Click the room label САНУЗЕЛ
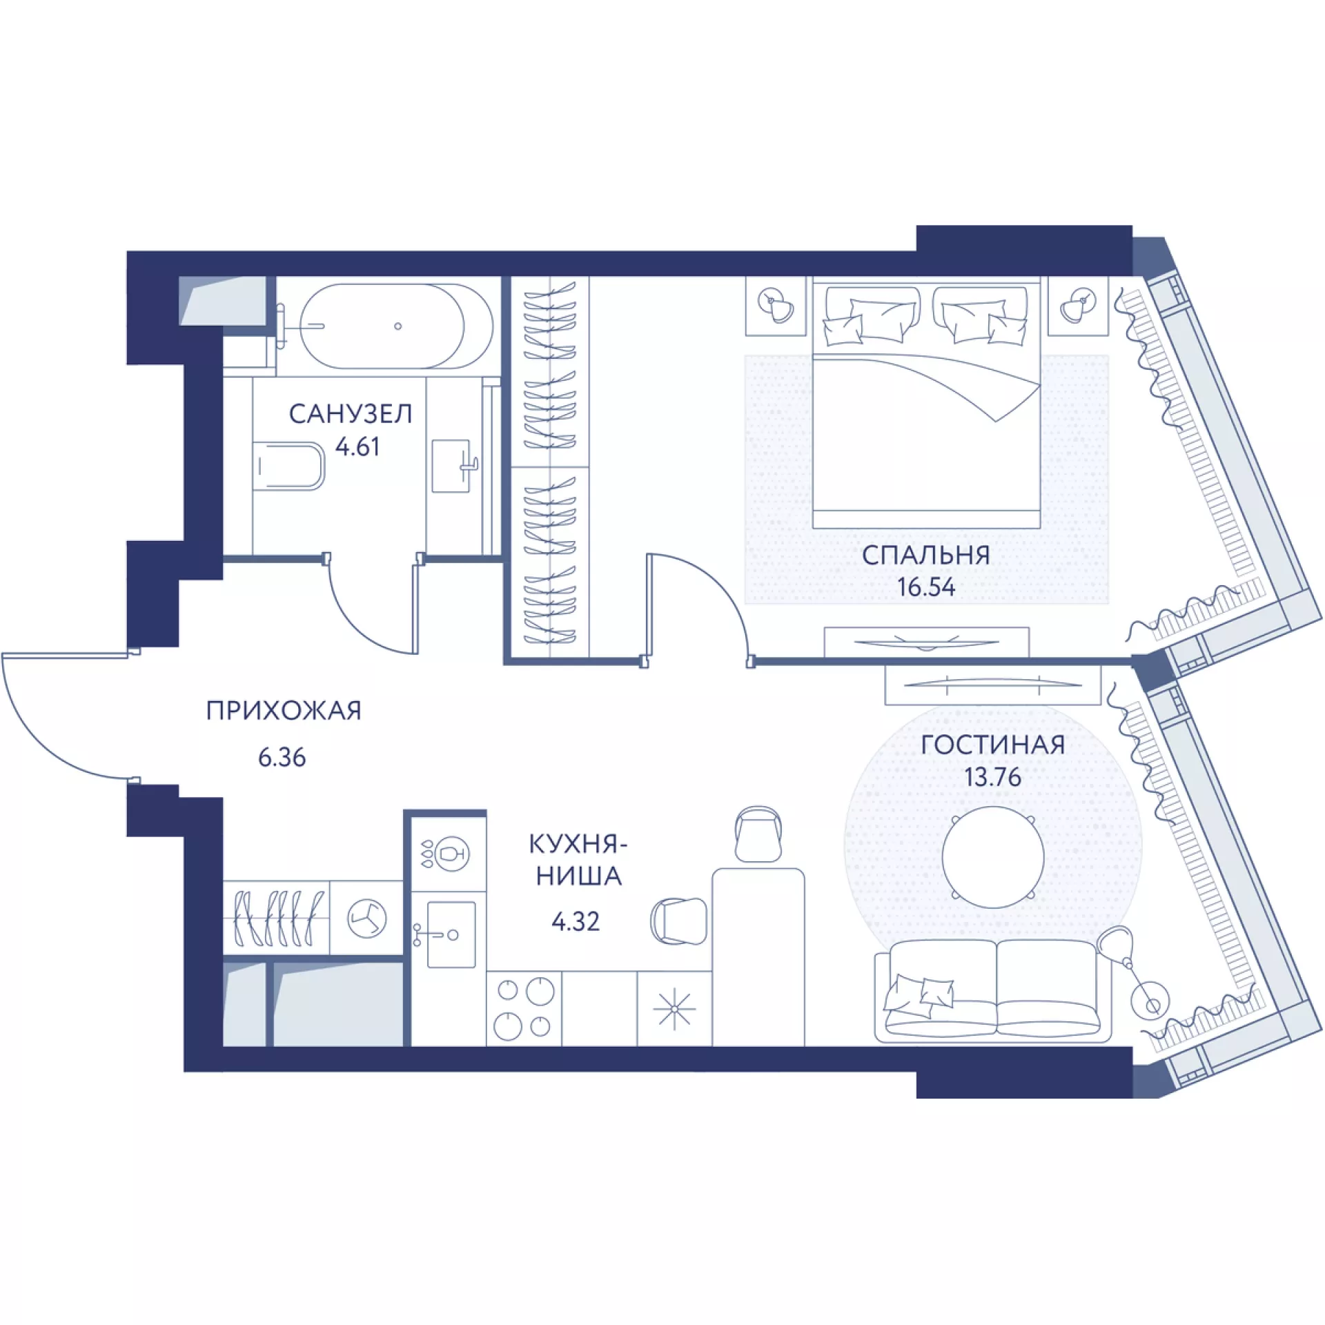351,414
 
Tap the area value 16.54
926,587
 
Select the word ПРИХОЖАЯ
284,711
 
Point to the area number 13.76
992,777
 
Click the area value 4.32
576,921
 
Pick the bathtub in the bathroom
397,326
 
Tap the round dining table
993,856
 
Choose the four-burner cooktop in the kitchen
524,1008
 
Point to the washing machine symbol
366,919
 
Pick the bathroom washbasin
453,466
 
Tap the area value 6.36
282,758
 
